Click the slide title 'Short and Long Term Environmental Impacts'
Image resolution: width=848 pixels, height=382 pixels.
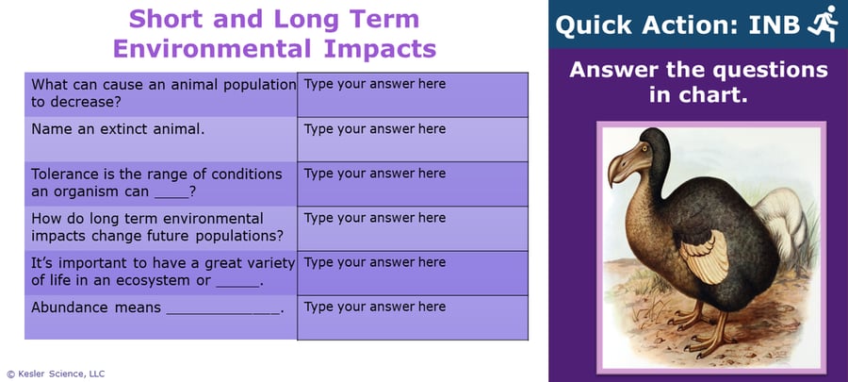coord(273,34)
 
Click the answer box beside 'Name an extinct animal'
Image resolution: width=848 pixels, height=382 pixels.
coord(412,139)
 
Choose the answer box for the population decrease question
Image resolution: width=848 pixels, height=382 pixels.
coord(412,94)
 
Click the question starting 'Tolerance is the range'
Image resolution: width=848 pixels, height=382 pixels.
coord(156,183)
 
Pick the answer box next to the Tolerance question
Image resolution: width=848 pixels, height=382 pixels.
coord(412,183)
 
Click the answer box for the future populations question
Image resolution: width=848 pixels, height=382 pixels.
coord(412,227)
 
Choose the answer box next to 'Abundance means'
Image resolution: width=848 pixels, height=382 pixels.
coord(412,317)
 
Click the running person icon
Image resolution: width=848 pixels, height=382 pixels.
coord(822,24)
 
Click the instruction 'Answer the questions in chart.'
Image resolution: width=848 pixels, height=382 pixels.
coord(698,82)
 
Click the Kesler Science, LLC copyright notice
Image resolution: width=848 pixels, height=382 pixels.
coord(56,374)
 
